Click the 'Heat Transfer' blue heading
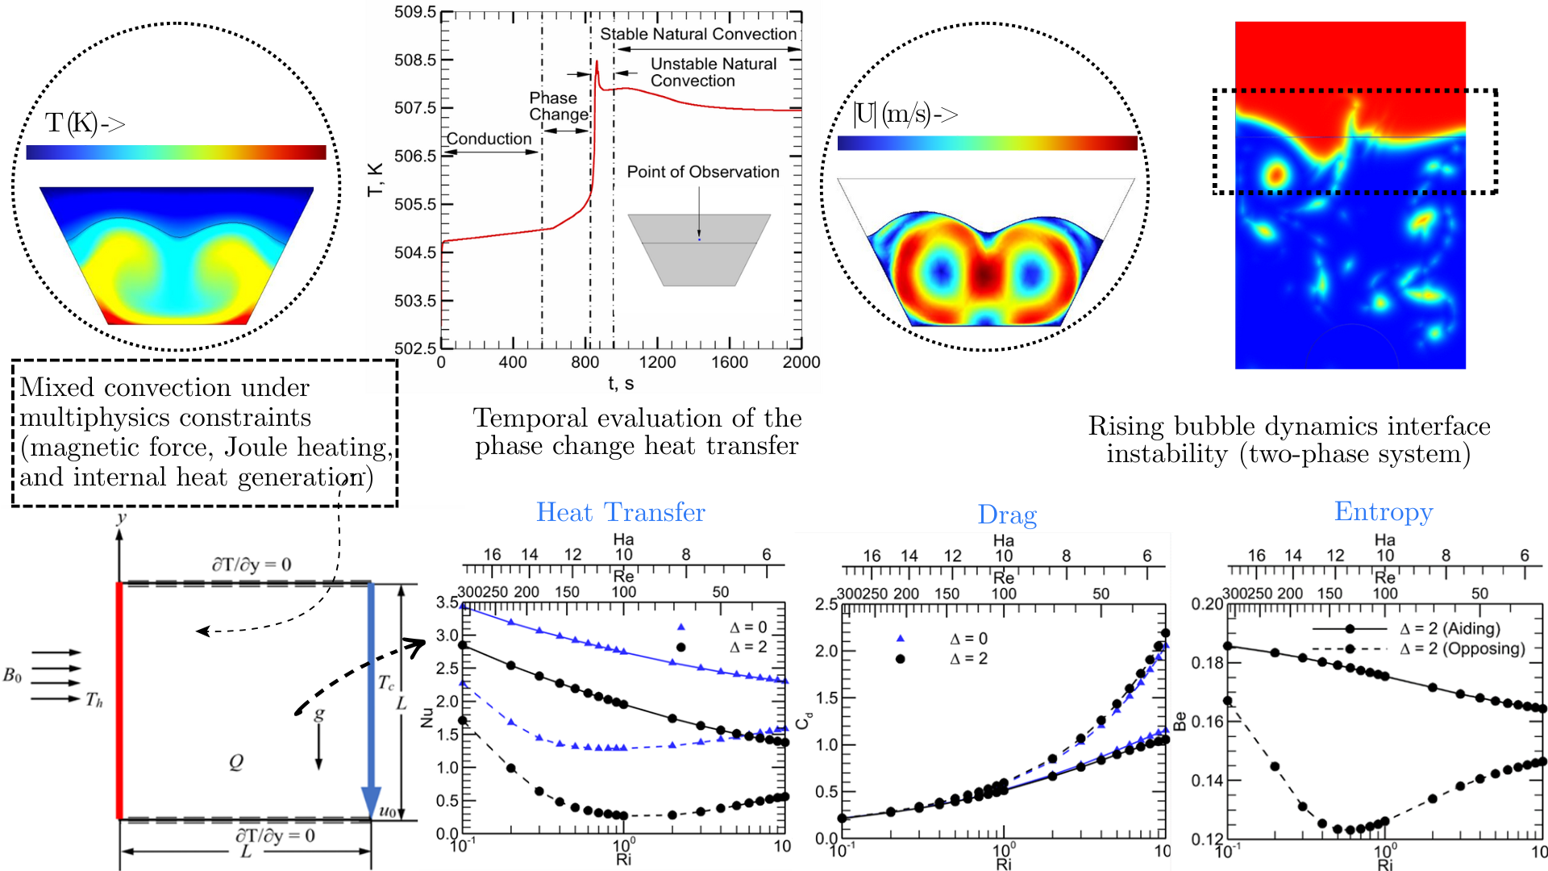click(620, 512)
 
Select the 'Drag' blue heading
click(1007, 515)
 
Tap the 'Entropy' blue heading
click(1384, 511)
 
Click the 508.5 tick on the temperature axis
click(415, 60)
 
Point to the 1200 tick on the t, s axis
click(657, 362)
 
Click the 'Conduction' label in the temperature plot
click(489, 139)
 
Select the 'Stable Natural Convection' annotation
click(698, 34)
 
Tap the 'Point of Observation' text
click(703, 172)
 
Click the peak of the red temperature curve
click(597, 61)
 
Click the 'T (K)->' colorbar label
click(85, 123)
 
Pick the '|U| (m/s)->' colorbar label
click(905, 115)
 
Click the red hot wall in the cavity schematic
click(119, 700)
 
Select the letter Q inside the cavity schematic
click(235, 761)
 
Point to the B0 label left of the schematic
click(12, 675)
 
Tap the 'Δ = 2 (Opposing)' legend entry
click(1462, 648)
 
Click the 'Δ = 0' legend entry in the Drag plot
click(967, 639)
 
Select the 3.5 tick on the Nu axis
click(447, 602)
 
